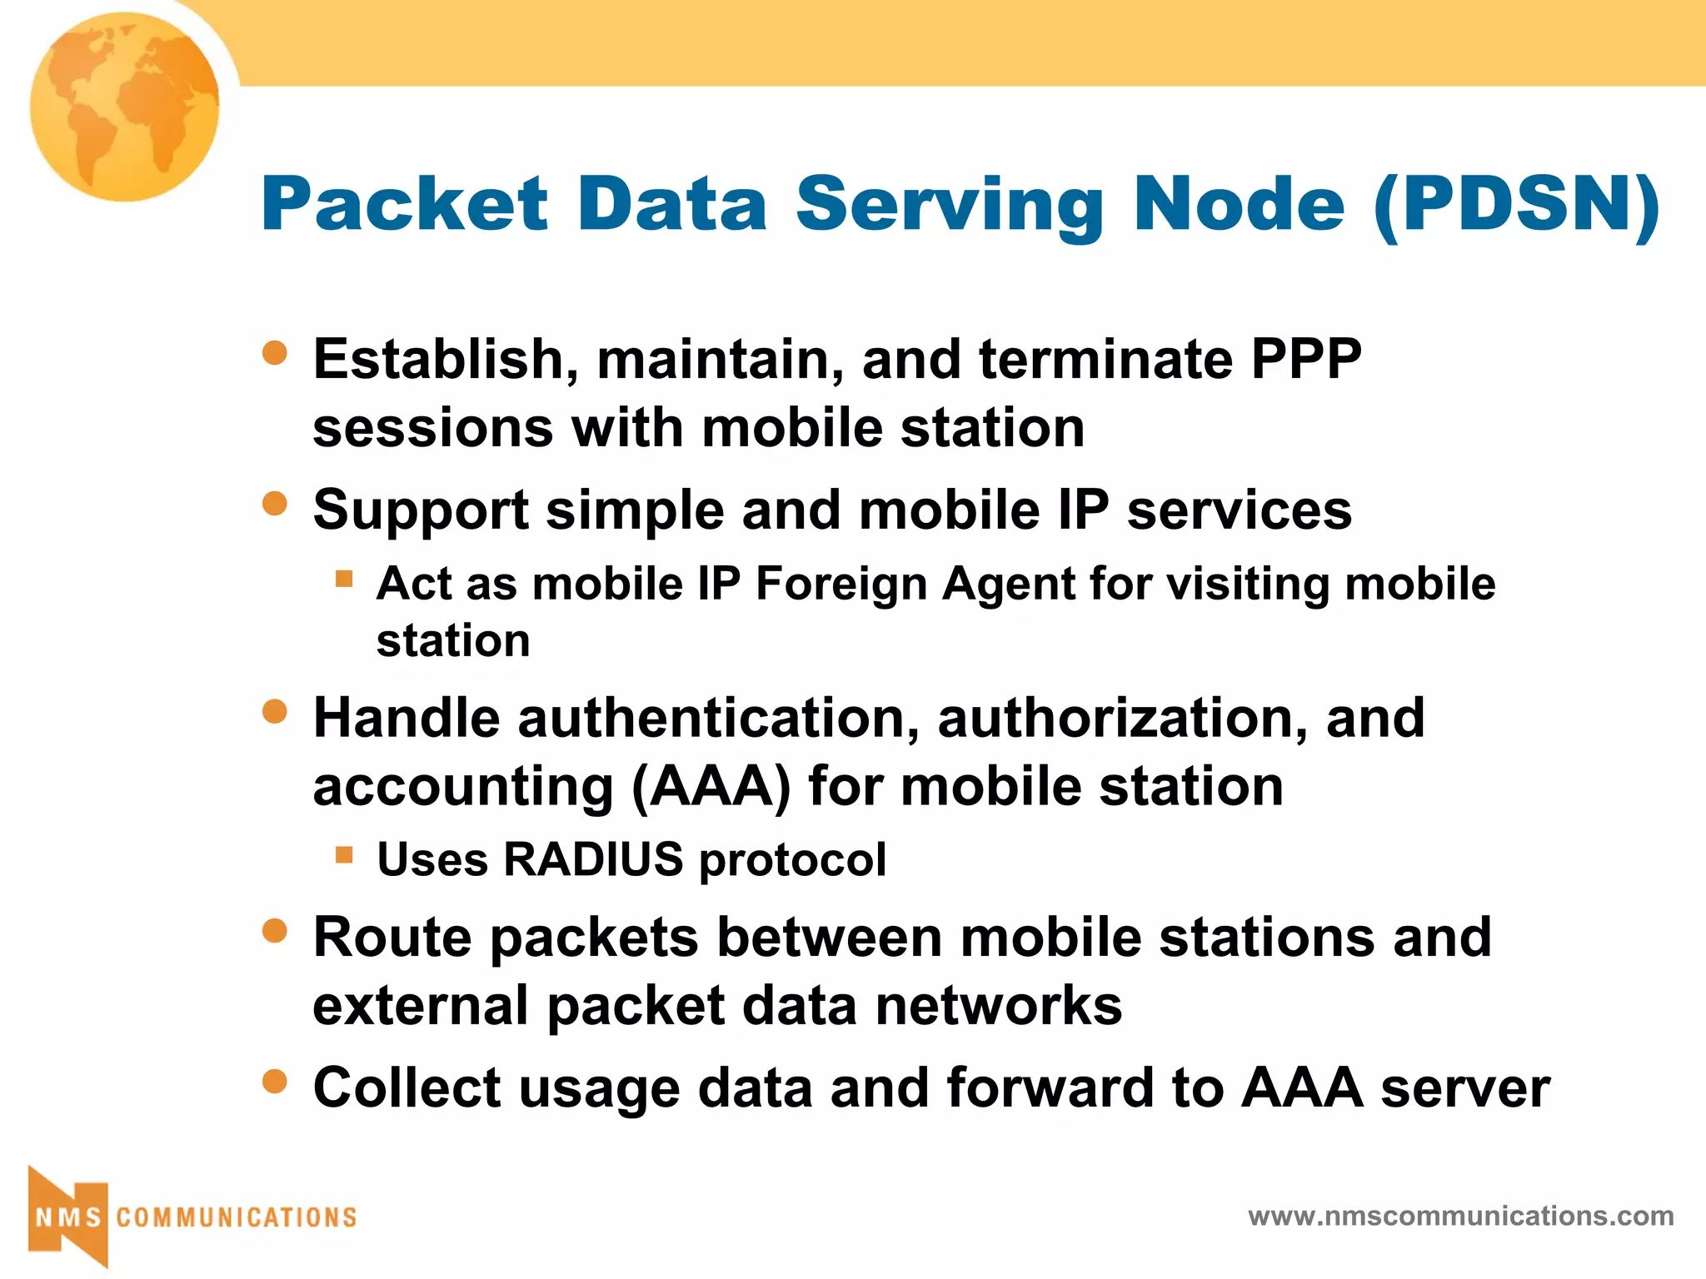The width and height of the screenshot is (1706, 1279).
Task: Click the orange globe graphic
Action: coord(125,107)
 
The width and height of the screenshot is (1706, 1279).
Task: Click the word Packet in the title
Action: coord(405,205)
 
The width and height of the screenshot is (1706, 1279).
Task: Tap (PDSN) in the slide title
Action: coord(1516,205)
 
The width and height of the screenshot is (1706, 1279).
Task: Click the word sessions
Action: coord(432,429)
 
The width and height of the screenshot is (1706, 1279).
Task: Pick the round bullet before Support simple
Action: coord(274,503)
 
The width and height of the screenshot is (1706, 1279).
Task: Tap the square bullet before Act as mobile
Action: coord(344,578)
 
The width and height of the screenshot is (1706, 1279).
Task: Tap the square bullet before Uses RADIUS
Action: coord(344,854)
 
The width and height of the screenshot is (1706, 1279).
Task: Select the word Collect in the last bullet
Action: coord(407,1089)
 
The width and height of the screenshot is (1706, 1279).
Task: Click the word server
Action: coord(1465,1089)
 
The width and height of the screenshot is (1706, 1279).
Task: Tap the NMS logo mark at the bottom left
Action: coord(68,1217)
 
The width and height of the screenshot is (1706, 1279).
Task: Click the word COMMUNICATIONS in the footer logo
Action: coord(237,1218)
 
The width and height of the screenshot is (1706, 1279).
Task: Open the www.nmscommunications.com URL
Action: coord(1460,1217)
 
